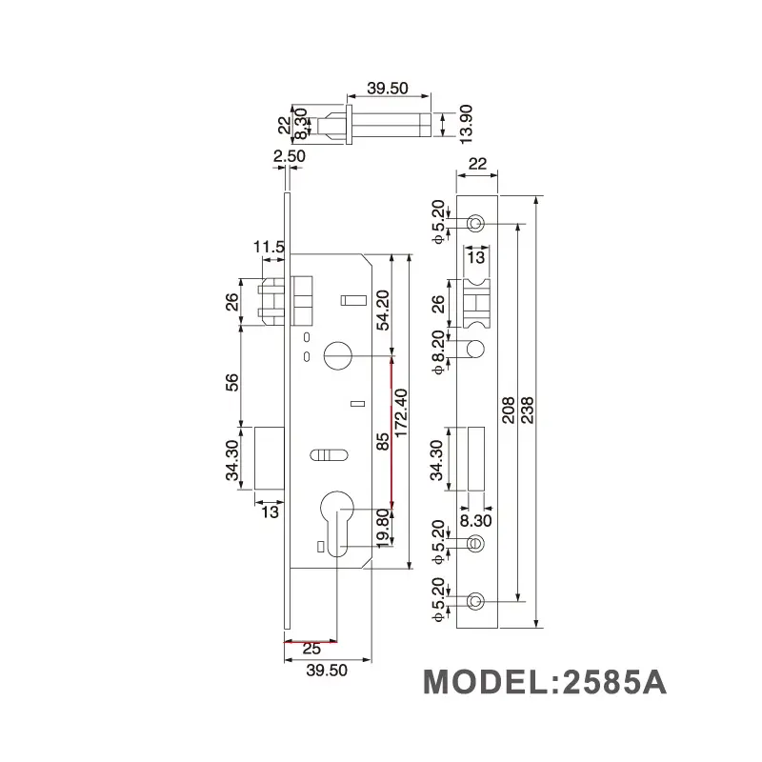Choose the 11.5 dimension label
coord(269,248)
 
